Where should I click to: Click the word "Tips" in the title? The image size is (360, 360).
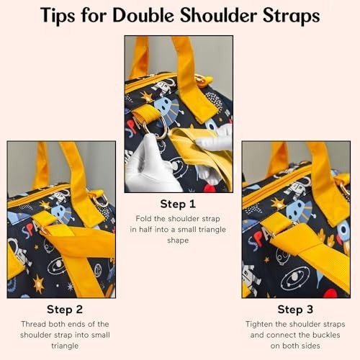pyautogui.click(x=58, y=16)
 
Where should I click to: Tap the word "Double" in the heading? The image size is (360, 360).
pyautogui.click(x=143, y=16)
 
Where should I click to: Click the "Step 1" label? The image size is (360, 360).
pyautogui.click(x=178, y=204)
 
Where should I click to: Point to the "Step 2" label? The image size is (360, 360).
pyautogui.click(x=65, y=310)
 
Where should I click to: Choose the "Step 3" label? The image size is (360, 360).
pyautogui.click(x=295, y=310)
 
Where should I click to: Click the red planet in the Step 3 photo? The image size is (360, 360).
pyautogui.click(x=330, y=293)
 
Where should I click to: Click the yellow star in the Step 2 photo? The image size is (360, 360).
pyautogui.click(x=38, y=284)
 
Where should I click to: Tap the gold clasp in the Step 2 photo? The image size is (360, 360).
pyautogui.click(x=101, y=200)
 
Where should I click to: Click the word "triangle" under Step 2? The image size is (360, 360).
pyautogui.click(x=65, y=346)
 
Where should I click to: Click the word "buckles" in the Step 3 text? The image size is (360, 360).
pyautogui.click(x=325, y=335)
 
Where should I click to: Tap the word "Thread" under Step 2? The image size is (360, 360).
pyautogui.click(x=34, y=324)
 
